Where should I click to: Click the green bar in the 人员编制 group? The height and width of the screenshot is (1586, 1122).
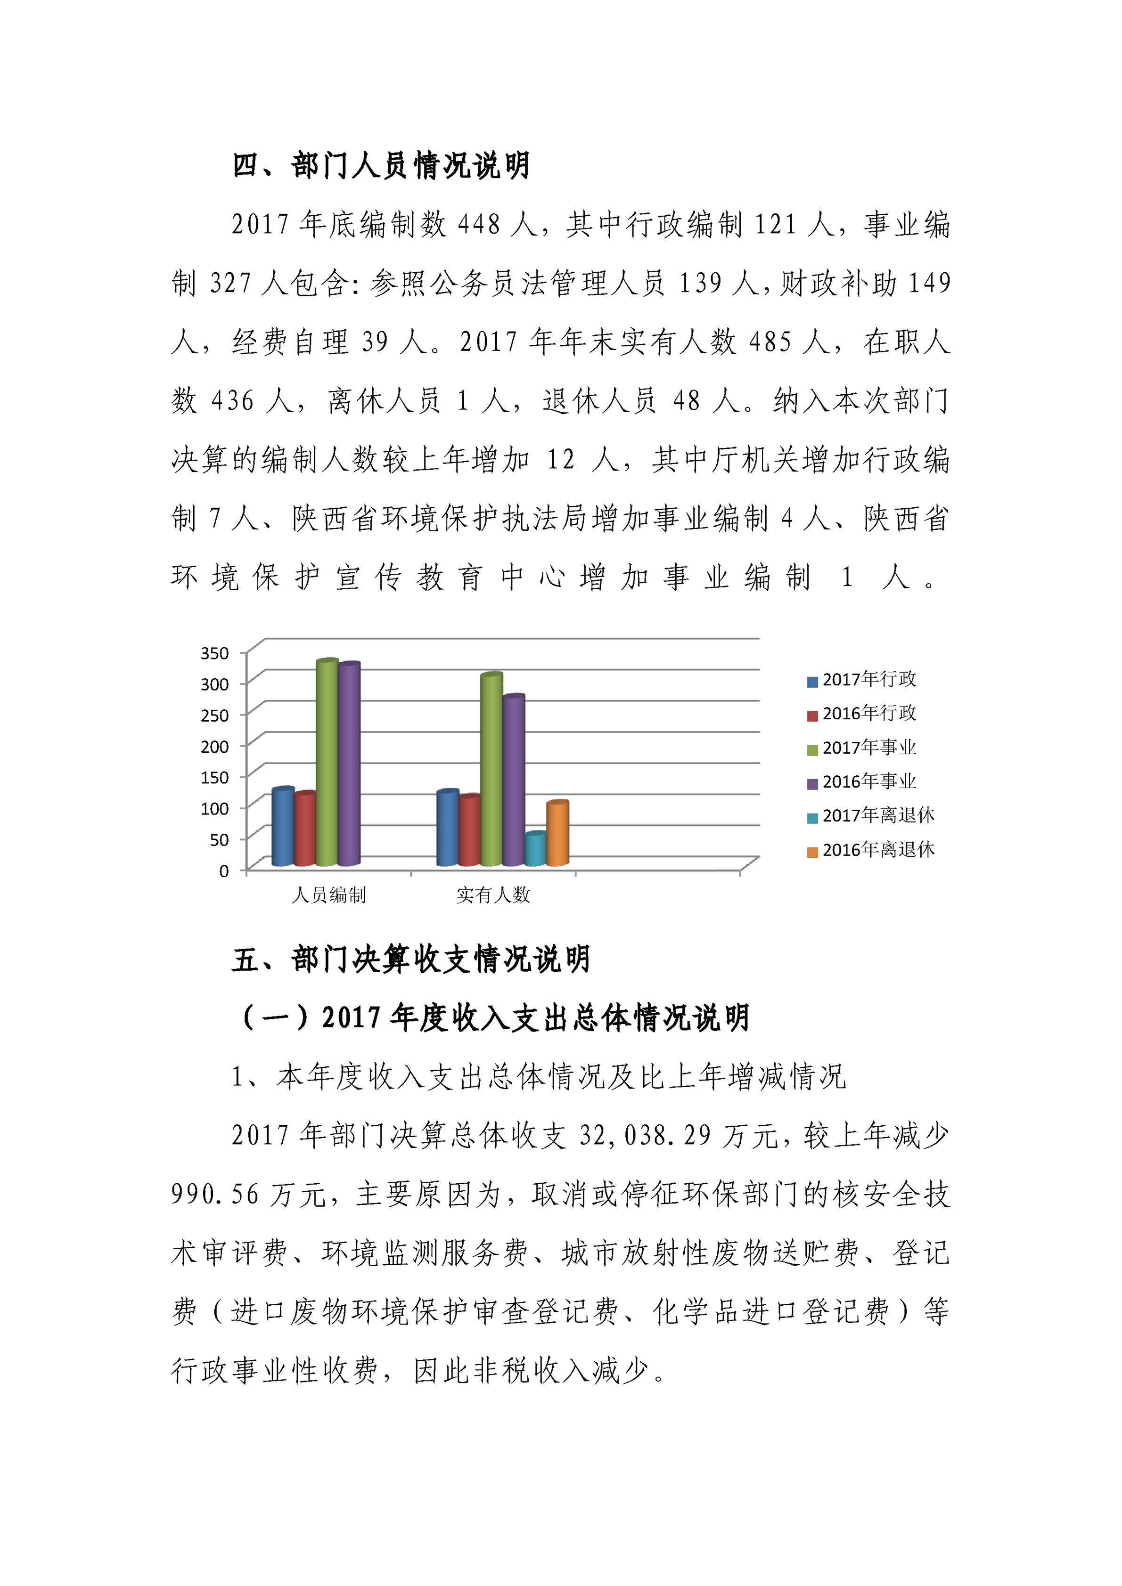coord(327,763)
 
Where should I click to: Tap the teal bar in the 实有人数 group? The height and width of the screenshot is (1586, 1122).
coord(535,850)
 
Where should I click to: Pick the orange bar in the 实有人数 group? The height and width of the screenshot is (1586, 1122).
coord(557,834)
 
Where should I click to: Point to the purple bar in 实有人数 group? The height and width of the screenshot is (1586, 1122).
coord(513,781)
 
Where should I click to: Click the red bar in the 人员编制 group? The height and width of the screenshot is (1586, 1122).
coord(305,829)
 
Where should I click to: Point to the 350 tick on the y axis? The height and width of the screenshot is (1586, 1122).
coord(214,653)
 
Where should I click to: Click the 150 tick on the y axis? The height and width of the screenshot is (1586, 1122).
coord(214,778)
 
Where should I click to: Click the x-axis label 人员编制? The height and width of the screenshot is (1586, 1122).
coord(329,896)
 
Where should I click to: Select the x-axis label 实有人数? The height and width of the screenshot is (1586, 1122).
coord(493,896)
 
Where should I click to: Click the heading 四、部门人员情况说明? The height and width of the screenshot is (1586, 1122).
coord(381,166)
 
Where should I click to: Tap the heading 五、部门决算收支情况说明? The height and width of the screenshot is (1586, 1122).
coord(411,960)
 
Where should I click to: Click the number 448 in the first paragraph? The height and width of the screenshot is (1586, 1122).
coord(479,225)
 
